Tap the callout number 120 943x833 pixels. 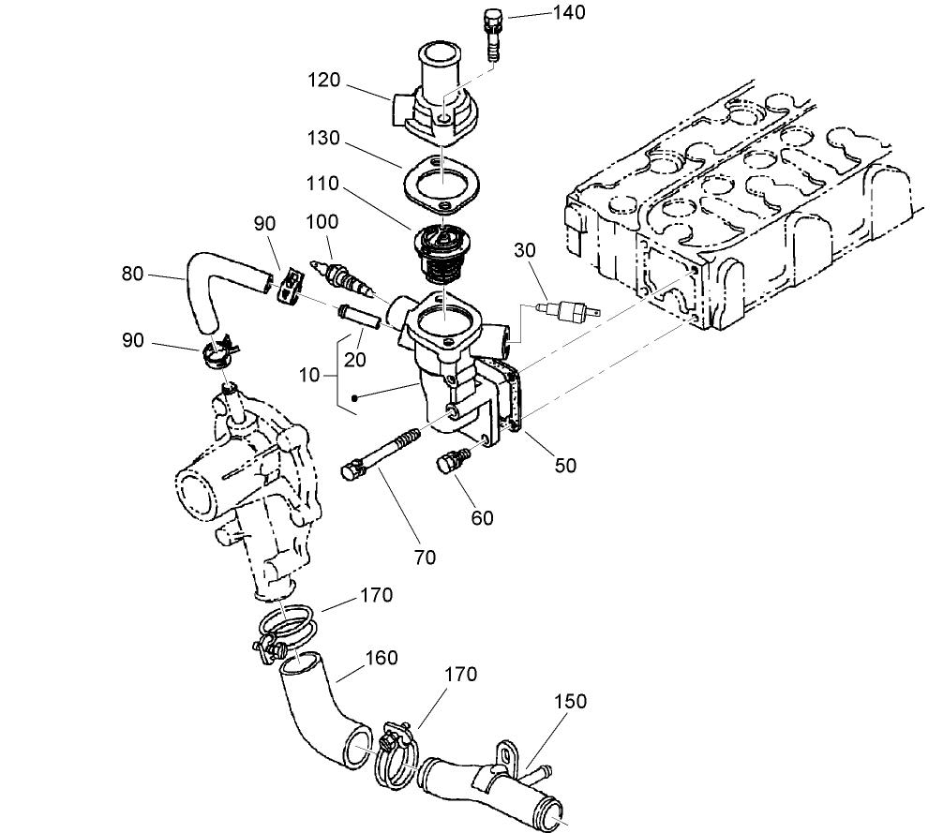pos(325,81)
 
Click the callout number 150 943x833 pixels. pos(570,702)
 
